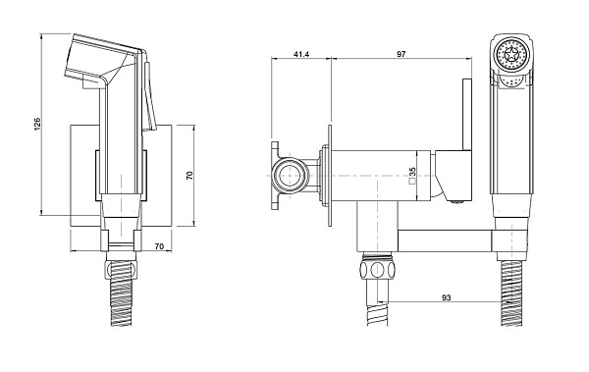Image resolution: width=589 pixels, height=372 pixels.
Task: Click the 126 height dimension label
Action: click(37, 124)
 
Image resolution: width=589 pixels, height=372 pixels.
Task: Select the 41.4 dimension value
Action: click(301, 54)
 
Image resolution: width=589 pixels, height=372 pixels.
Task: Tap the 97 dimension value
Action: click(402, 54)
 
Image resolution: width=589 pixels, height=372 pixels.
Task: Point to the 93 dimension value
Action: click(446, 297)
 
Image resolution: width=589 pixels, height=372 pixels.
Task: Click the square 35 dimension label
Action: click(412, 176)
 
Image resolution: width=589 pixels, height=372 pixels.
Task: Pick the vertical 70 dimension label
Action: click(189, 175)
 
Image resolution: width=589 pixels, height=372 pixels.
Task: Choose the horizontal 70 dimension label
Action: click(159, 246)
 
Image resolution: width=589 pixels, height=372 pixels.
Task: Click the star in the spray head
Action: click(510, 55)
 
